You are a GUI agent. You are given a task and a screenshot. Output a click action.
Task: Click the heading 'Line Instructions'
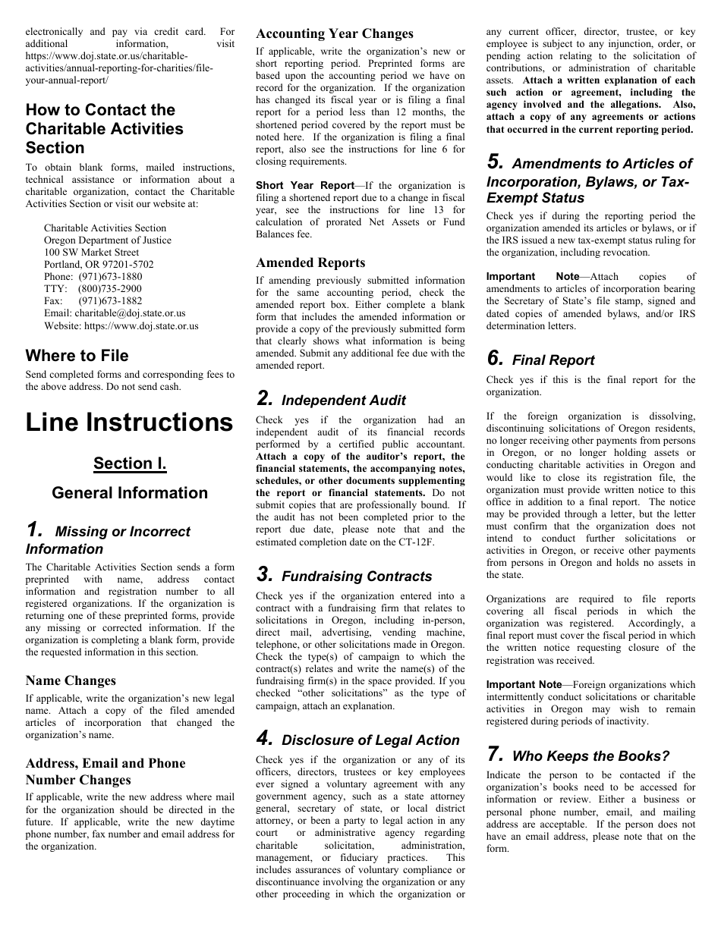pyautogui.click(x=129, y=423)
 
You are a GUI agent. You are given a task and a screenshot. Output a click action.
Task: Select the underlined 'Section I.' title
pyautogui.click(x=130, y=463)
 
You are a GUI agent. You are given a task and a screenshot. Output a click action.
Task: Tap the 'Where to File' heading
pyautogui.click(x=77, y=356)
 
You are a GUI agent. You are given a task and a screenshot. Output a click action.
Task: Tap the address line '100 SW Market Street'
pyautogui.click(x=91, y=253)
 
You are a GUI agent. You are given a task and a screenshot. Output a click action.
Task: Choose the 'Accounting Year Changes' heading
pyautogui.click(x=334, y=33)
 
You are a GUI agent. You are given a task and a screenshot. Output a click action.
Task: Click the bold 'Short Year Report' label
pyautogui.click(x=304, y=185)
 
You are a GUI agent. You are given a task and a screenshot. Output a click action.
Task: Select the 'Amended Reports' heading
pyautogui.click(x=310, y=262)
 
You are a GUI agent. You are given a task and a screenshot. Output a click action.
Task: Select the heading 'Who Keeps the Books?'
pyautogui.click(x=590, y=756)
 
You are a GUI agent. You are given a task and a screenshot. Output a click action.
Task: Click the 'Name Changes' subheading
pyautogui.click(x=71, y=680)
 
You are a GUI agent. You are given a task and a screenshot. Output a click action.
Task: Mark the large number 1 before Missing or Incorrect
pyautogui.click(x=33, y=530)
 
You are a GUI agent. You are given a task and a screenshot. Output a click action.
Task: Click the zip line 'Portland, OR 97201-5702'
pyautogui.click(x=99, y=265)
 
